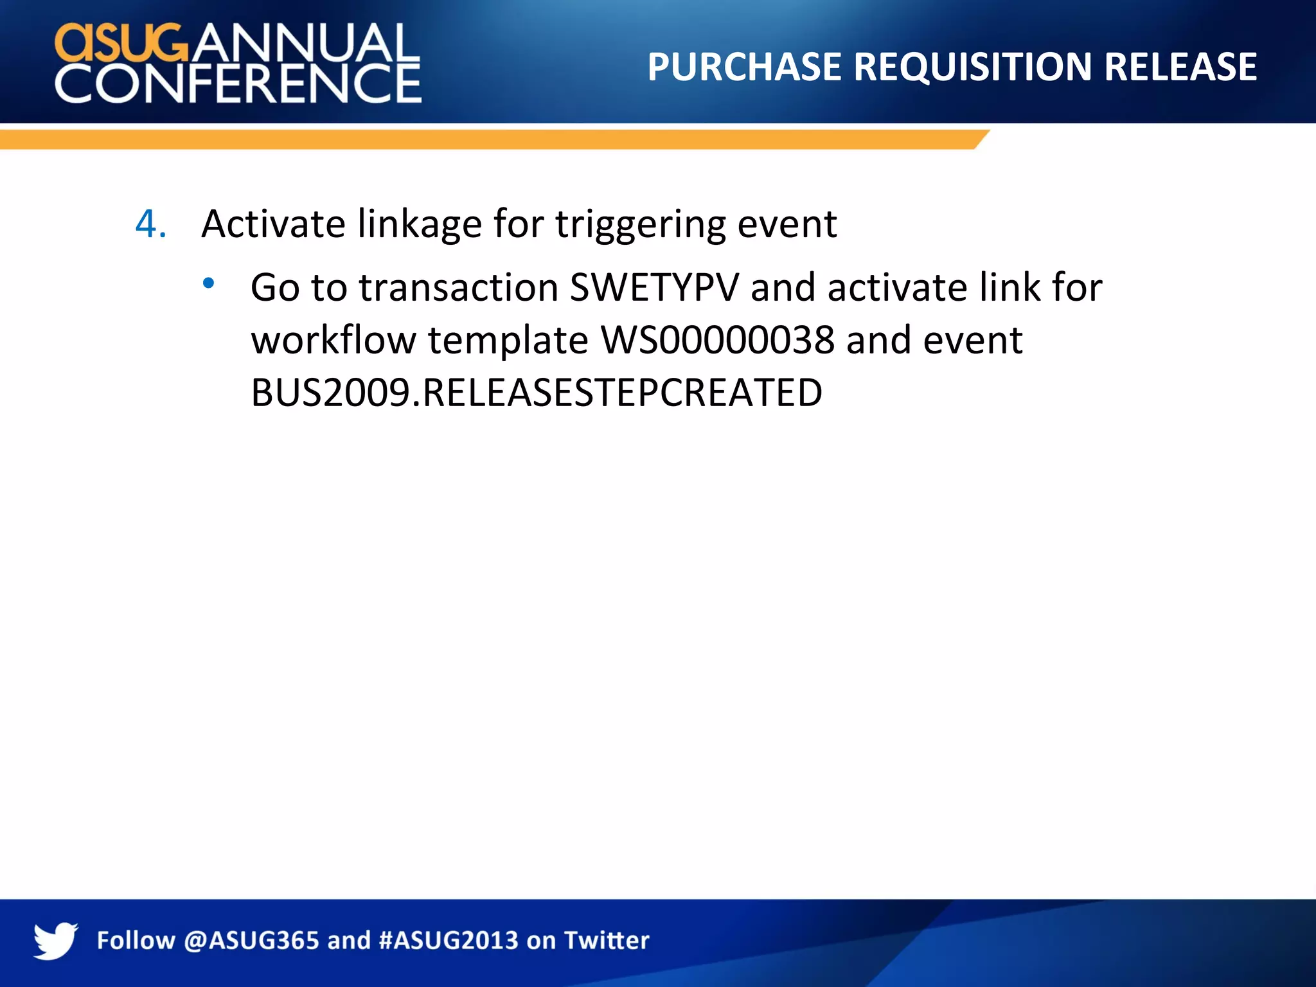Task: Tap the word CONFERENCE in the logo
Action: coord(238,84)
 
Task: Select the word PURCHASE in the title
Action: coord(744,67)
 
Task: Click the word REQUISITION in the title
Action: coord(972,67)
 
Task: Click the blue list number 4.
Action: coord(150,224)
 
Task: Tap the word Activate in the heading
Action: coord(274,224)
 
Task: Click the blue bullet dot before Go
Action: coord(208,282)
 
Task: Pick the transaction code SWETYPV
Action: coord(655,287)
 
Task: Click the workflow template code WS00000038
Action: coord(717,340)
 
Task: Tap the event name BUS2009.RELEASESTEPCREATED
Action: coord(537,393)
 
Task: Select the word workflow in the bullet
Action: coord(333,340)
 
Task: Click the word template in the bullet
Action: coord(508,341)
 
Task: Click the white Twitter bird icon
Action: coord(55,940)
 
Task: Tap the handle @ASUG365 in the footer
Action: coord(251,941)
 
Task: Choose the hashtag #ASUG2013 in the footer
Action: coord(449,941)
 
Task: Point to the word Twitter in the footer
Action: coord(607,941)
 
